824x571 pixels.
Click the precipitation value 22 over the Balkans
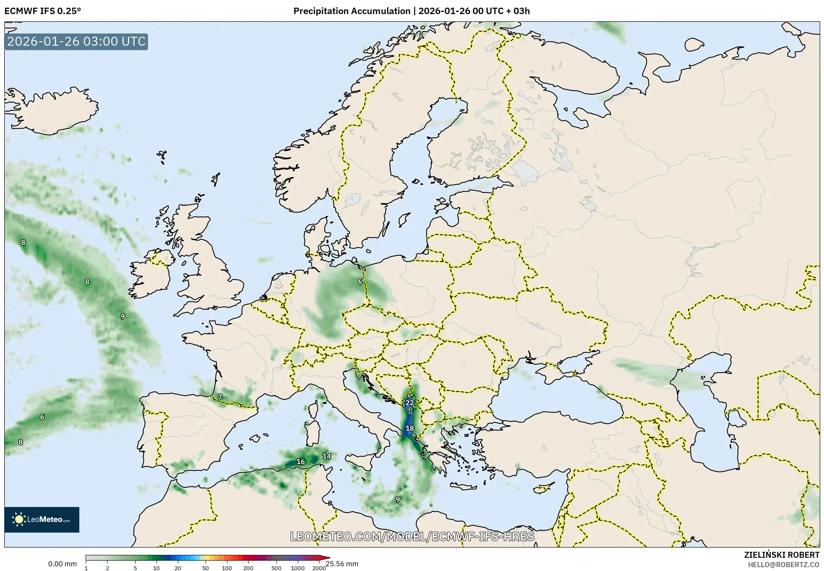click(409, 403)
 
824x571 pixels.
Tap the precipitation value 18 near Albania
click(409, 428)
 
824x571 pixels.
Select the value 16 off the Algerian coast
click(301, 462)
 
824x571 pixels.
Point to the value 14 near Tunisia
click(327, 456)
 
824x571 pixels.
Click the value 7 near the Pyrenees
click(220, 397)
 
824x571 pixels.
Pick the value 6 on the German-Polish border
click(360, 282)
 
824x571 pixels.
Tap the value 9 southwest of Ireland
click(123, 317)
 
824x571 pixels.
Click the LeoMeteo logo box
click(42, 519)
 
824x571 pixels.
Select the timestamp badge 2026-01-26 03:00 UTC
click(76, 42)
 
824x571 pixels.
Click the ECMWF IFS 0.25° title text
click(43, 11)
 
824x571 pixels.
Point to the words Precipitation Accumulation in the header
click(351, 11)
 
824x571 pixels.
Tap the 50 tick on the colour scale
click(206, 568)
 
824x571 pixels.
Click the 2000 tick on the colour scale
click(319, 568)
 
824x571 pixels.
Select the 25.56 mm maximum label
click(342, 564)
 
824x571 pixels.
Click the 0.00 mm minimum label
click(63, 564)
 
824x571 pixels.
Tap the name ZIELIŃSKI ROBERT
click(782, 555)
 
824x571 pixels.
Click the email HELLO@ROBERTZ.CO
click(783, 565)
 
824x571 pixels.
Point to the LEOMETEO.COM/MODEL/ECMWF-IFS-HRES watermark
click(412, 536)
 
